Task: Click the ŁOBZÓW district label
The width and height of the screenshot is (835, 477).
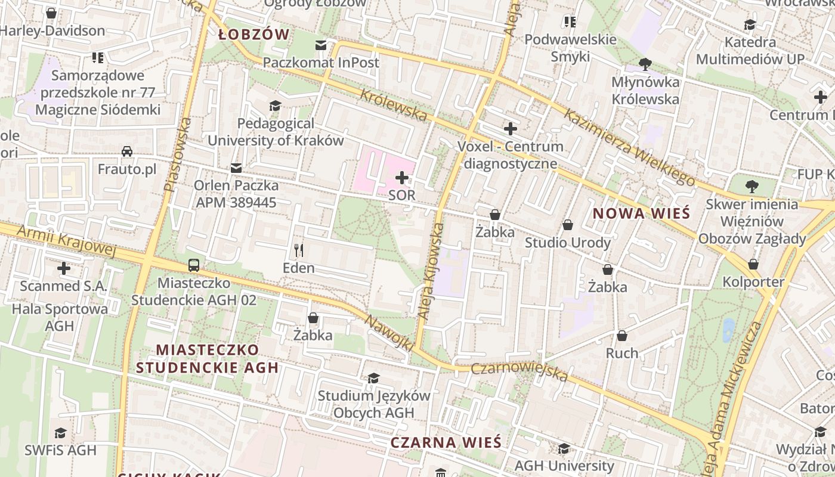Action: (253, 34)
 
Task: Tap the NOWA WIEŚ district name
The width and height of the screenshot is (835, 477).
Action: (641, 213)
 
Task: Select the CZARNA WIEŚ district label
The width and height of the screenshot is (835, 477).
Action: (446, 442)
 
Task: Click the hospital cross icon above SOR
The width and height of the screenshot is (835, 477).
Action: (402, 177)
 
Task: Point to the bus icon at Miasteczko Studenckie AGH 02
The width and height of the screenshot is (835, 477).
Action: (194, 265)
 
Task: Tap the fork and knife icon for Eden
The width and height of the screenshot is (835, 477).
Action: (299, 250)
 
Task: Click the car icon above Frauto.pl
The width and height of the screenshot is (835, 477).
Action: (127, 151)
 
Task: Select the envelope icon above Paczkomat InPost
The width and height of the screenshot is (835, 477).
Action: (321, 45)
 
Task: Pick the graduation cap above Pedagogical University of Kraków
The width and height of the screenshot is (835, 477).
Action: (275, 106)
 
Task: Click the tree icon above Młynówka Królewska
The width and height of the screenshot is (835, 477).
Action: (645, 64)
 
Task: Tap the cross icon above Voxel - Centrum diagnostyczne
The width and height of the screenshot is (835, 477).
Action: (511, 128)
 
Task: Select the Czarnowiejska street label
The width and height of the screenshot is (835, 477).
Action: (519, 371)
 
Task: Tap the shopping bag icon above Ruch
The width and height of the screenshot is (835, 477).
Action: (622, 336)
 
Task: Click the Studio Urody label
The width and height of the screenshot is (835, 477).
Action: (567, 243)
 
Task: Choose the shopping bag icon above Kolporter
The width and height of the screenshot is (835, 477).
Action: (753, 264)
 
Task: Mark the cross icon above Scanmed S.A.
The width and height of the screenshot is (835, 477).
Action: (64, 268)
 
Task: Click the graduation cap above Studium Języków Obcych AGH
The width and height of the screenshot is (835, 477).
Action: (374, 378)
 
